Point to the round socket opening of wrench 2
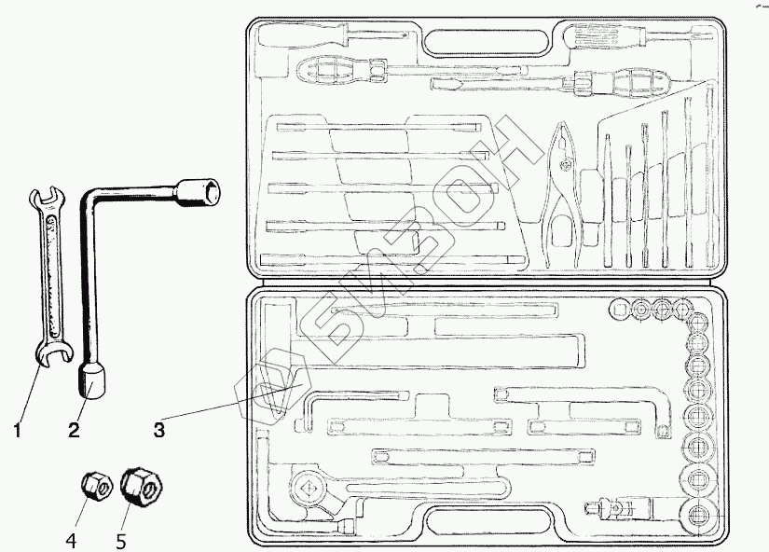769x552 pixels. (x=212, y=191)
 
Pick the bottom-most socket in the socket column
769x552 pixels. (x=698, y=515)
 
